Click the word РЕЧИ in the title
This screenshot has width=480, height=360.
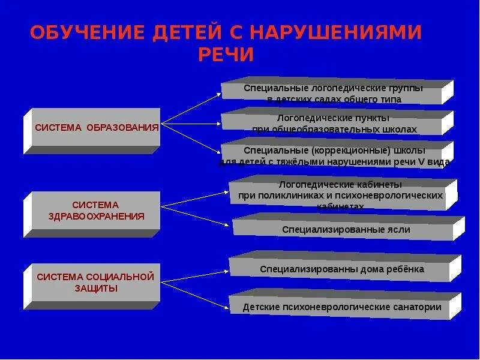(x=227, y=55)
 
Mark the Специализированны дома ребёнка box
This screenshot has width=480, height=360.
(x=341, y=269)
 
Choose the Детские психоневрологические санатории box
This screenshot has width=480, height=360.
(x=341, y=307)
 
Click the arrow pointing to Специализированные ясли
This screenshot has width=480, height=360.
(x=198, y=216)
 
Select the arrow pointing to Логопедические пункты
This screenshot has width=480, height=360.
(x=192, y=122)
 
